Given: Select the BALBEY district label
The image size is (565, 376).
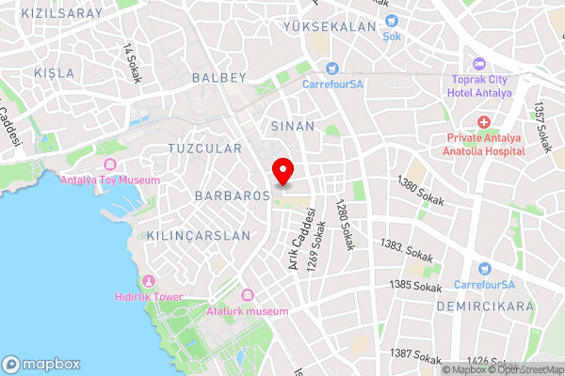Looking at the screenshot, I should tap(218, 77).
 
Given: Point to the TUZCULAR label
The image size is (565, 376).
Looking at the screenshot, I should tap(203, 149).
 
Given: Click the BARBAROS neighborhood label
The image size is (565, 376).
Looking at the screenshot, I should tap(233, 196).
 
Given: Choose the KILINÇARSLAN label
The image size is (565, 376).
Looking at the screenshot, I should tap(199, 235).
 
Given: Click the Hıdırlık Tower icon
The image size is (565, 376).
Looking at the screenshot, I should tap(147, 281).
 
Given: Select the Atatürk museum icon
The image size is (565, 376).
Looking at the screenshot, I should tap(248, 296).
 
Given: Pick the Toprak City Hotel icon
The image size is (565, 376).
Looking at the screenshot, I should tap(481, 64).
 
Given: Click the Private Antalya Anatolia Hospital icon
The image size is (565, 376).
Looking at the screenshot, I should tap(484, 123).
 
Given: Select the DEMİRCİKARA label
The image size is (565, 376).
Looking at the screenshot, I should tap(485, 306).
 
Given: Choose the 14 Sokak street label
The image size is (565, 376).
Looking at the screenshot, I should tap(131, 64).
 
